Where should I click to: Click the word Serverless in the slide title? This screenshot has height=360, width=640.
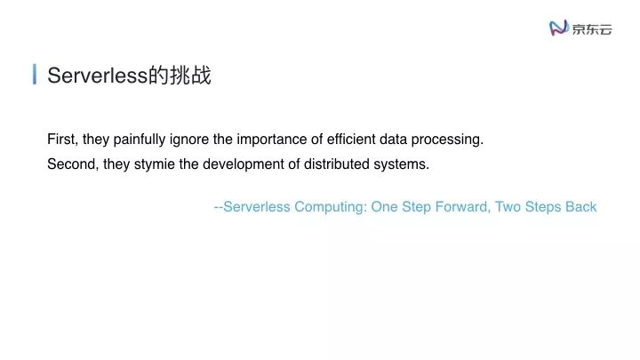(x=97, y=76)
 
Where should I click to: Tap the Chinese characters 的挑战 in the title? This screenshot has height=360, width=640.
(x=180, y=76)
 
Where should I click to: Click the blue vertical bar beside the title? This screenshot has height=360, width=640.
(x=35, y=75)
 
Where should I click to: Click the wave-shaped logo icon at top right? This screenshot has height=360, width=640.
(x=559, y=28)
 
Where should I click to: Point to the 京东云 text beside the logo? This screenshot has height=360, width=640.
(x=592, y=29)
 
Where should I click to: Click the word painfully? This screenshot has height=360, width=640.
(x=140, y=140)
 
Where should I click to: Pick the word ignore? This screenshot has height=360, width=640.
(x=192, y=140)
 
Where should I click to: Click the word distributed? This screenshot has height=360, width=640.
(x=338, y=164)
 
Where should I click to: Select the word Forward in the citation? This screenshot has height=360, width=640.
(x=461, y=207)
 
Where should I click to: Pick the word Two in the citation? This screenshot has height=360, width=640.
(x=508, y=207)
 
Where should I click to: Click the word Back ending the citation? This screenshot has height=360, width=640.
(x=581, y=207)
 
